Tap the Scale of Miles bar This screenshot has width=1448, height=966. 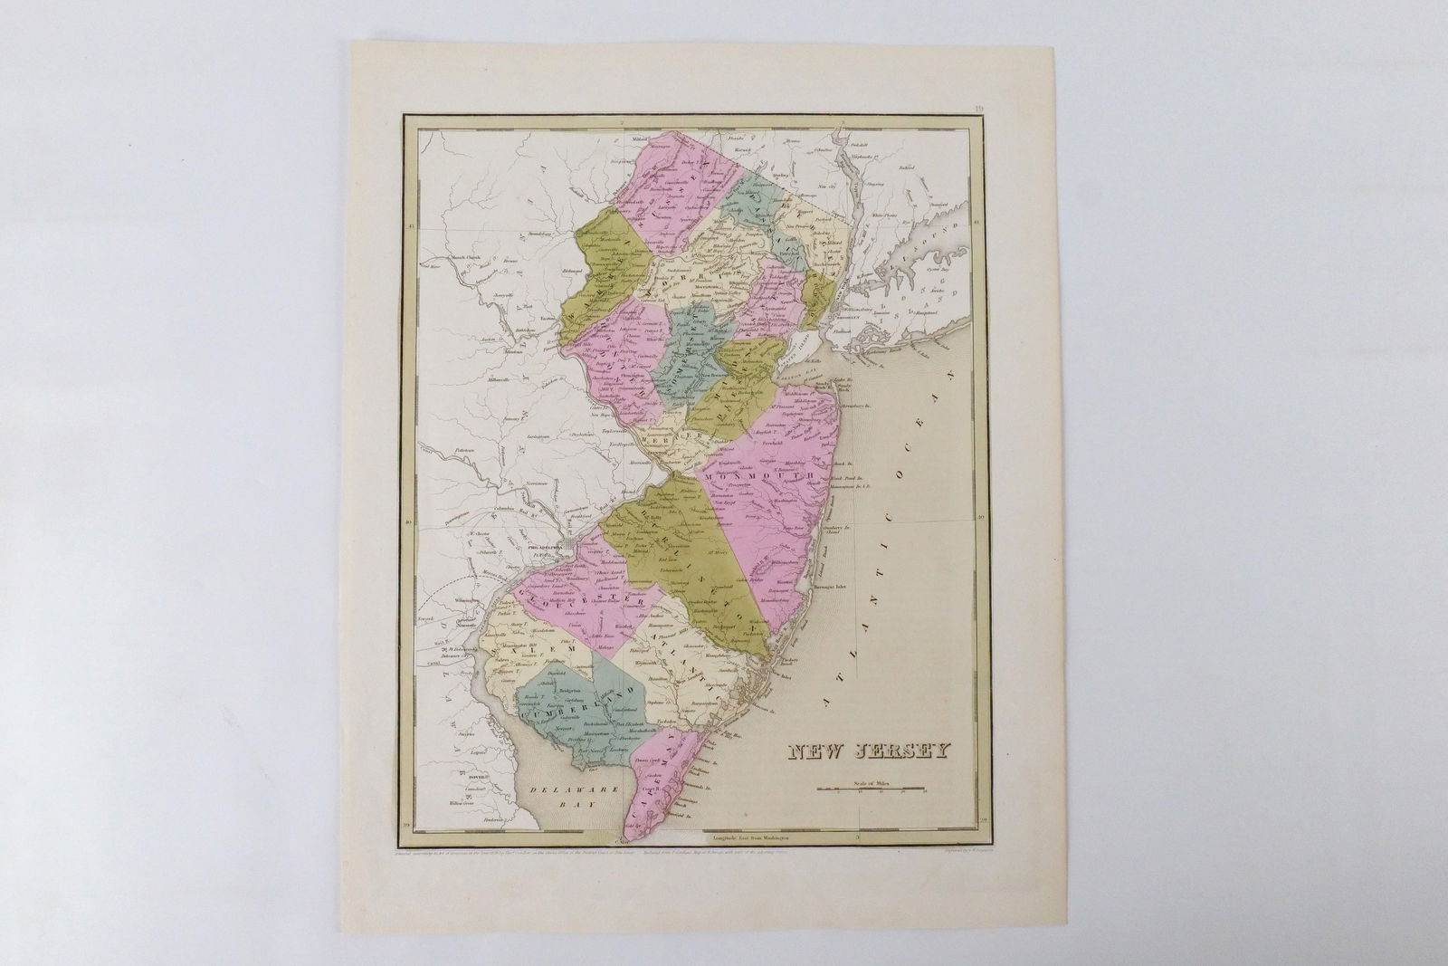pyautogui.click(x=871, y=789)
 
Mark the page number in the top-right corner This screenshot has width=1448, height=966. pyautogui.click(x=979, y=110)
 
